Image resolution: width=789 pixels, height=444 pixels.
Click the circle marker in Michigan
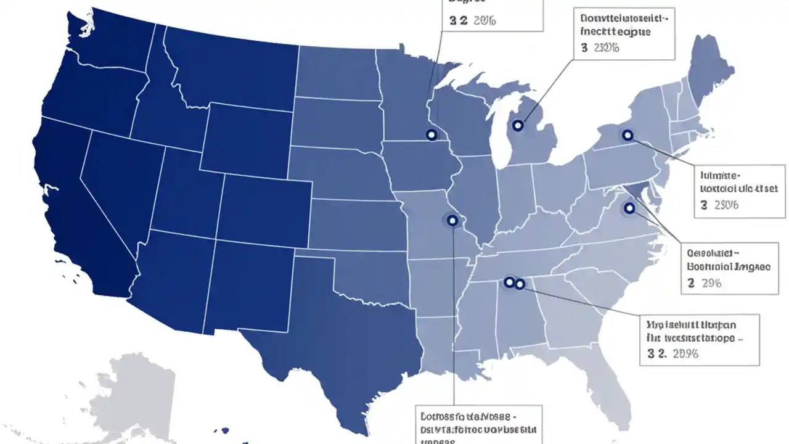(518, 126)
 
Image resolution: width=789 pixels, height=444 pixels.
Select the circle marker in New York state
(628, 135)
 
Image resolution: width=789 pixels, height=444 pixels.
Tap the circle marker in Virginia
(629, 208)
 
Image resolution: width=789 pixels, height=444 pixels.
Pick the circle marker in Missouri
(452, 220)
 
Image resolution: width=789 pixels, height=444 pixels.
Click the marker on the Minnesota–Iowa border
(431, 135)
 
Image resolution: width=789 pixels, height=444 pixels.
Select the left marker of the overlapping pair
(509, 282)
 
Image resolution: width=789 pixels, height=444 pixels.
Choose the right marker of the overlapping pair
(520, 284)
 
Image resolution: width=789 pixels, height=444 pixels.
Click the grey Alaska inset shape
(123, 395)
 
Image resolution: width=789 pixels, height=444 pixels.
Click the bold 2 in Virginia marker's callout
(691, 284)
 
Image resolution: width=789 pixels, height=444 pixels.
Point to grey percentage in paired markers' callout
(679, 353)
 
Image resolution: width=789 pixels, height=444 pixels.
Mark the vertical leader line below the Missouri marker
(454, 321)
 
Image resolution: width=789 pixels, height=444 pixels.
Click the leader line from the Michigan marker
(546, 89)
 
